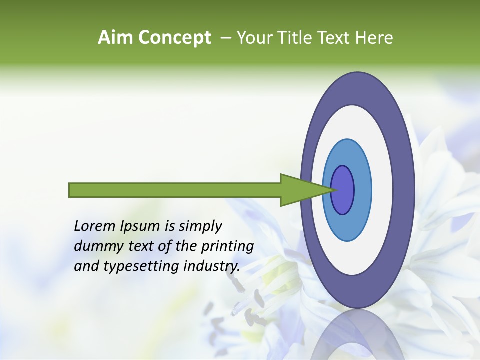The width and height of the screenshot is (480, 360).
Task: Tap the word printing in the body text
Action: pyautogui.click(x=227, y=246)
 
